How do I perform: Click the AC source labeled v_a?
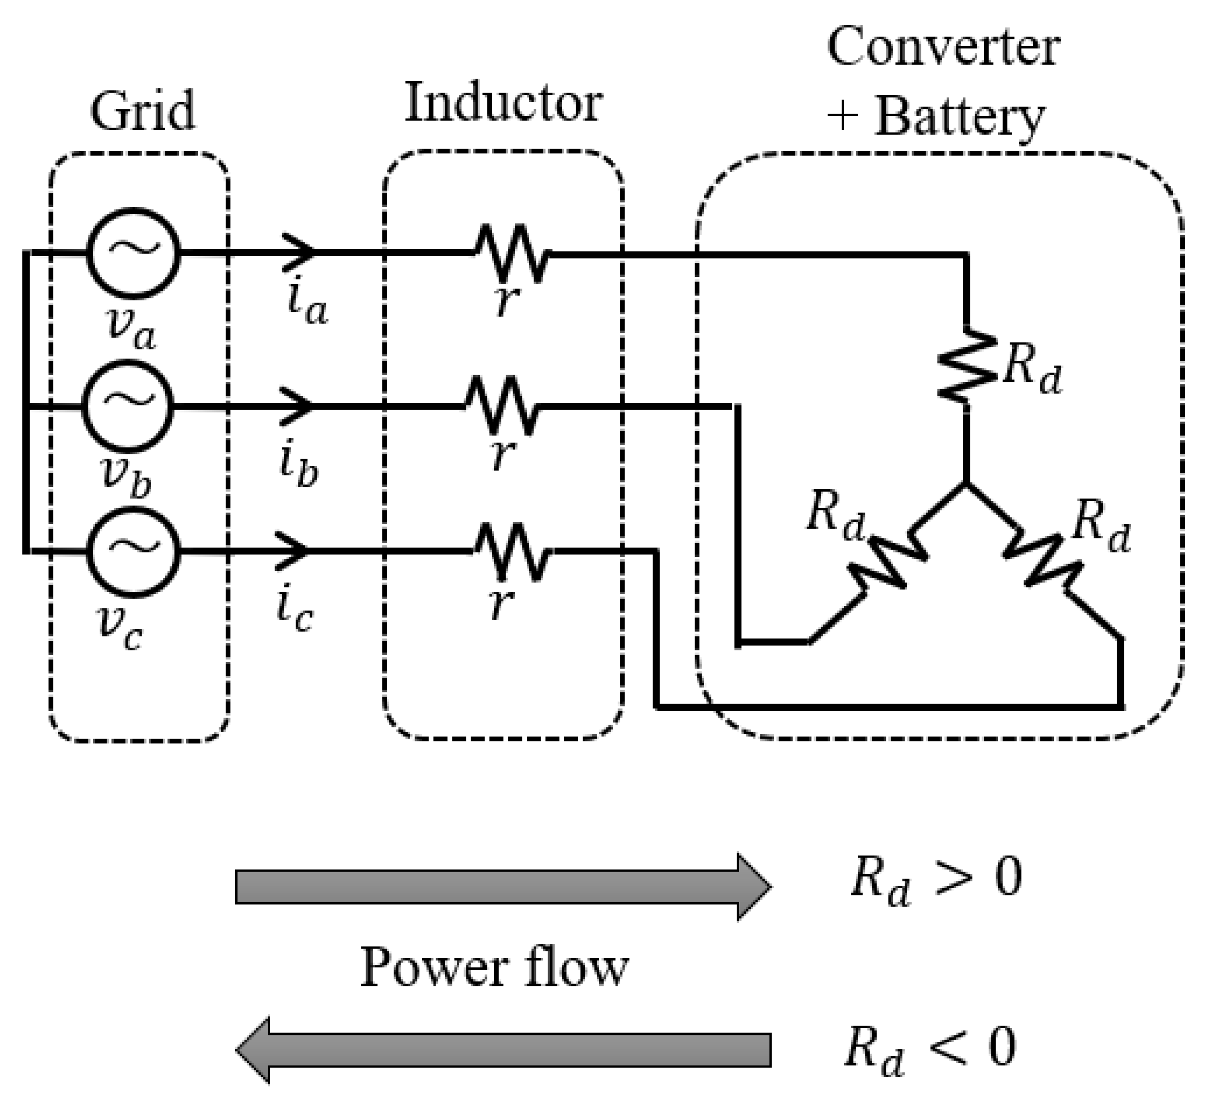(133, 253)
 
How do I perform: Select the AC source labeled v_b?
(127, 405)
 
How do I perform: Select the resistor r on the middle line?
(501, 405)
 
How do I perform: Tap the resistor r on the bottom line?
(512, 550)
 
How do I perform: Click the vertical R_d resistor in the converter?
(966, 365)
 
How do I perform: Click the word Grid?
(143, 111)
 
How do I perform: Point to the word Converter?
(943, 48)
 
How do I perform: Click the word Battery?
(960, 118)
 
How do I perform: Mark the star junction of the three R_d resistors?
(966, 483)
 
